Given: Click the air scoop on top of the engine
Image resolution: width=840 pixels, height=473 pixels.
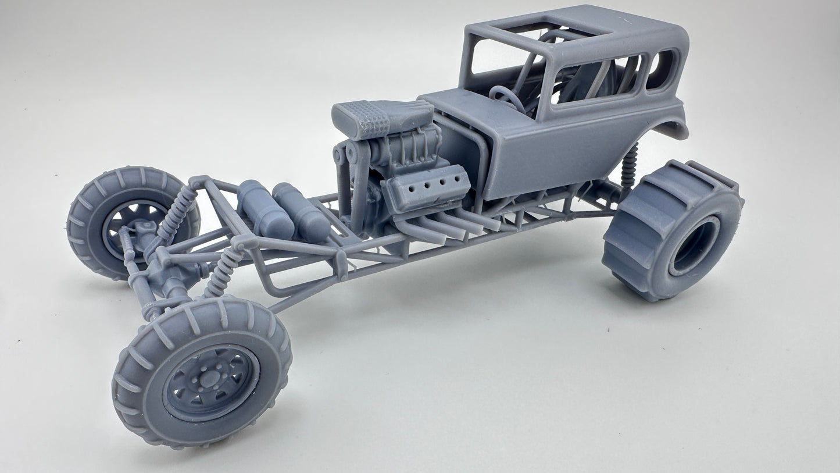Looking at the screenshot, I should click(381, 117).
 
